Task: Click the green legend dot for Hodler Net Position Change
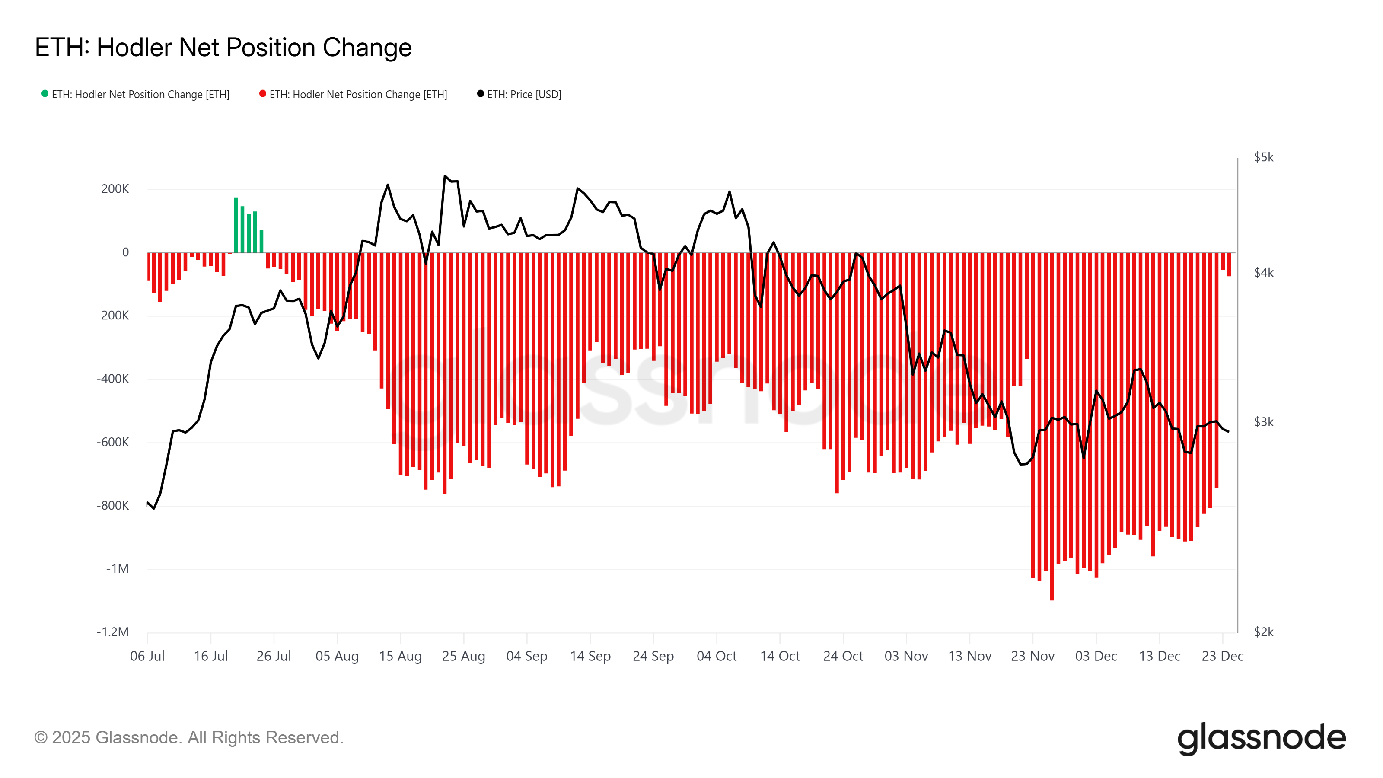pos(45,94)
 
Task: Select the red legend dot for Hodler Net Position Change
pos(262,94)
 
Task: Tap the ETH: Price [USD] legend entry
pos(523,95)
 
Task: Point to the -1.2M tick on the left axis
pos(113,632)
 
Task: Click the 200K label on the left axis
pos(115,189)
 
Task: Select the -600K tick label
pos(113,443)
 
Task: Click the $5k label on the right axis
pos(1263,157)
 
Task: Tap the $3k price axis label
pos(1263,422)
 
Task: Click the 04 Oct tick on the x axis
pos(716,656)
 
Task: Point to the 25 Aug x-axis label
pos(463,656)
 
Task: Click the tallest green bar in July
pos(236,226)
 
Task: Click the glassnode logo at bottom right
pos(1261,738)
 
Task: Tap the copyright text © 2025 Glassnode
pos(188,738)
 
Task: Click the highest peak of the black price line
pos(445,176)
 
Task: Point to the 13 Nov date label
pos(969,656)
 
